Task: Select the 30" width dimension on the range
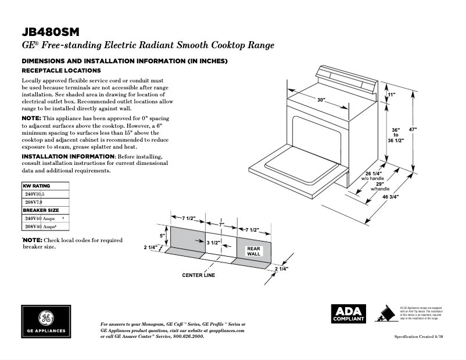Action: point(321,100)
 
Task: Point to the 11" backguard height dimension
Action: point(391,94)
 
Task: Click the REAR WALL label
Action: point(254,251)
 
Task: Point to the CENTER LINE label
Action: point(198,275)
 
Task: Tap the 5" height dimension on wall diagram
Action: point(163,236)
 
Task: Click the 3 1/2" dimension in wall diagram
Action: point(213,242)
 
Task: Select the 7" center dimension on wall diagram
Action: point(221,224)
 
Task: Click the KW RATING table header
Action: point(37,186)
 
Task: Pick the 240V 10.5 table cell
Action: point(34,194)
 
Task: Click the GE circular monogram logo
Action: point(45,319)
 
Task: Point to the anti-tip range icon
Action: point(383,314)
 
